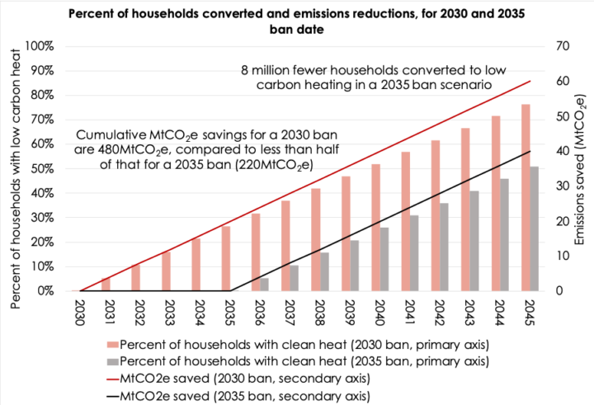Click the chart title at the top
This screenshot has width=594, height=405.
297,20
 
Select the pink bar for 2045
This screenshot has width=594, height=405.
525,198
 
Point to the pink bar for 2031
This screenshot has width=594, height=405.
106,285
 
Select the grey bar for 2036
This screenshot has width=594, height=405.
265,285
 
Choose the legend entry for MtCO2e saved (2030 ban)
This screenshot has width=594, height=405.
237,378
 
